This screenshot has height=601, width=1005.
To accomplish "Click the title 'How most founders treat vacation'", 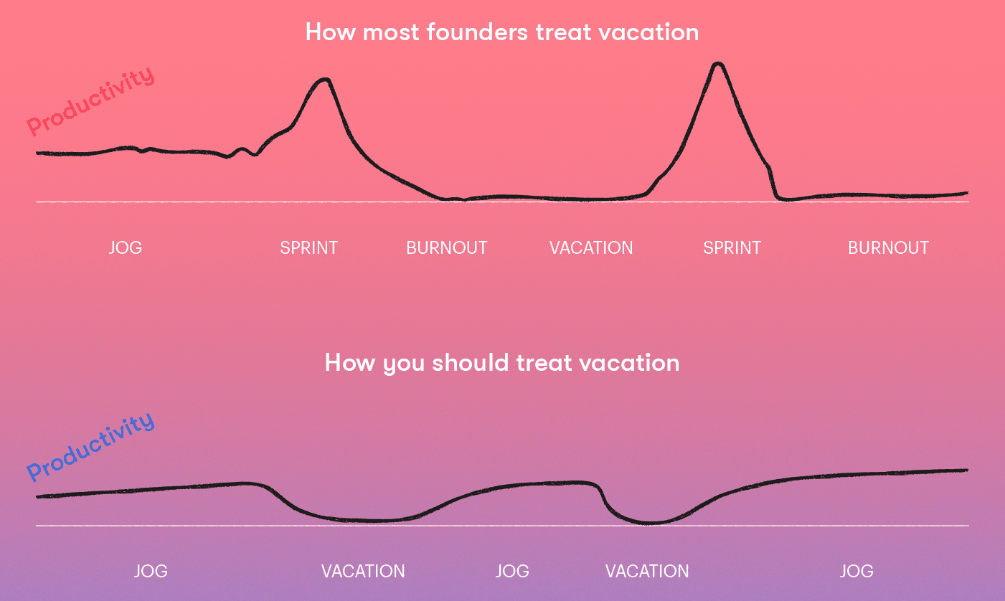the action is (x=502, y=32).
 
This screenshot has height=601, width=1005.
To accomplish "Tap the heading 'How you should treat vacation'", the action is (x=502, y=363).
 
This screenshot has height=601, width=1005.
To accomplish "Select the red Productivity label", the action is (x=90, y=101).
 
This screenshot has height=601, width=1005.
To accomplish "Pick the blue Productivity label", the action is (x=90, y=447).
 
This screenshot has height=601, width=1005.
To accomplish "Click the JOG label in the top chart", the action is (x=125, y=247).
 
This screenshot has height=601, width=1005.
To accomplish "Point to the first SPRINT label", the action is (x=308, y=247).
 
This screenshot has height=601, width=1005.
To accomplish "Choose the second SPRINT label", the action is (x=732, y=247).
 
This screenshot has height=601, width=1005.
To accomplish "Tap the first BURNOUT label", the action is (x=446, y=247).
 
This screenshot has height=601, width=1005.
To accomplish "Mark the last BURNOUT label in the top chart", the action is (x=888, y=247).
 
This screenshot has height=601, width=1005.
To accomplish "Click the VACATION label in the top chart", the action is (x=591, y=247).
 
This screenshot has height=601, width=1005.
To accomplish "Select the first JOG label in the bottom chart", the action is (x=151, y=571).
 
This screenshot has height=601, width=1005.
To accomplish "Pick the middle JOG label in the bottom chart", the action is (x=512, y=571).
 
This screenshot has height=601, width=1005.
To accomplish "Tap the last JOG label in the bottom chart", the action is (x=857, y=571).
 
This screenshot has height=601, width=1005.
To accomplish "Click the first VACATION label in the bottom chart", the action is (x=363, y=571).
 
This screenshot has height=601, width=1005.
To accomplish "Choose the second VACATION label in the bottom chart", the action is (x=647, y=571).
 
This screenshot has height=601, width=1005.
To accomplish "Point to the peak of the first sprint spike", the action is (x=326, y=80).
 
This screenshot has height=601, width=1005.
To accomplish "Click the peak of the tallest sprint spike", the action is (x=718, y=65).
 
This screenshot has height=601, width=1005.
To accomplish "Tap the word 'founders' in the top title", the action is (x=477, y=32).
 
